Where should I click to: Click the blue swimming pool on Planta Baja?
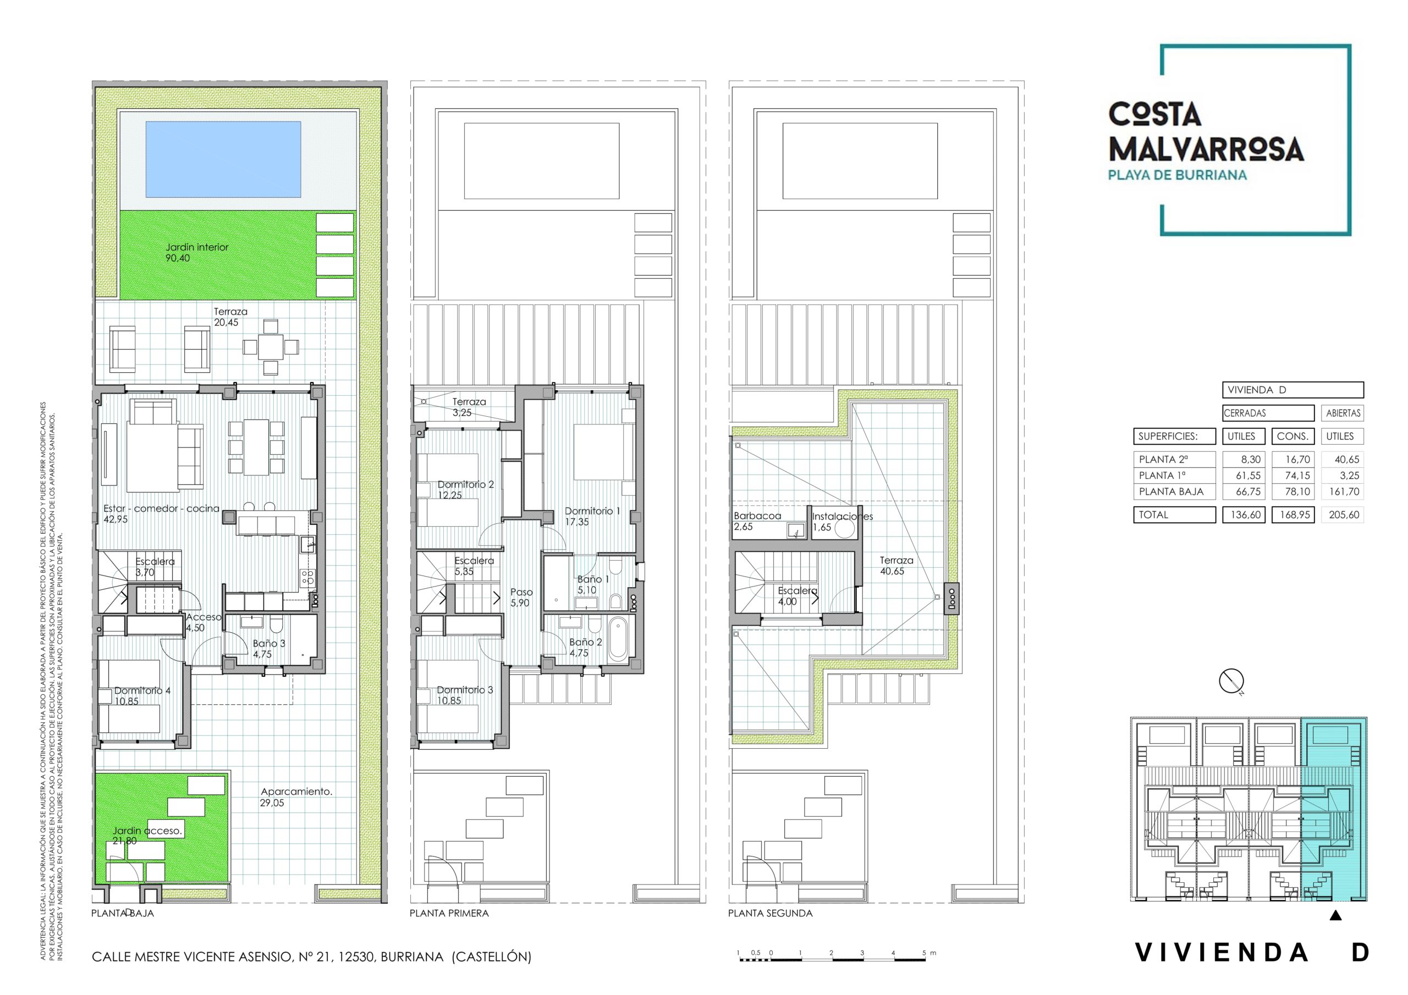coord(223,159)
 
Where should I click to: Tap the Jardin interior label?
coord(196,247)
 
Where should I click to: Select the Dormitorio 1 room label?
coord(592,511)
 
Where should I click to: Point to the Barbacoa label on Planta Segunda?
coord(757,516)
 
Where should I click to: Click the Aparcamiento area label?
coord(296,792)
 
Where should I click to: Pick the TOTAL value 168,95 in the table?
coord(1295,515)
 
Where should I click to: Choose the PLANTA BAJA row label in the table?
coord(1171,491)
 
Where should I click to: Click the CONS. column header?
coord(1292,436)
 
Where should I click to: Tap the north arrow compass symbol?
coord(1231,681)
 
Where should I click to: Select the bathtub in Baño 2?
coord(619,640)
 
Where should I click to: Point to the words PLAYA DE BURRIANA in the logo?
coord(1177,175)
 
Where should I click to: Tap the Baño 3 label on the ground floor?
coord(269,644)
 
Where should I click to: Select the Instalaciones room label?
coord(842,516)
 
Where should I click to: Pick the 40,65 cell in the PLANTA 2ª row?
coord(1343,459)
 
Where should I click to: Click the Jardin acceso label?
coord(147,831)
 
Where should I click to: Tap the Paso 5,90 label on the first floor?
coord(521,597)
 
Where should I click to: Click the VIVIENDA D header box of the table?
coord(1292,390)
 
